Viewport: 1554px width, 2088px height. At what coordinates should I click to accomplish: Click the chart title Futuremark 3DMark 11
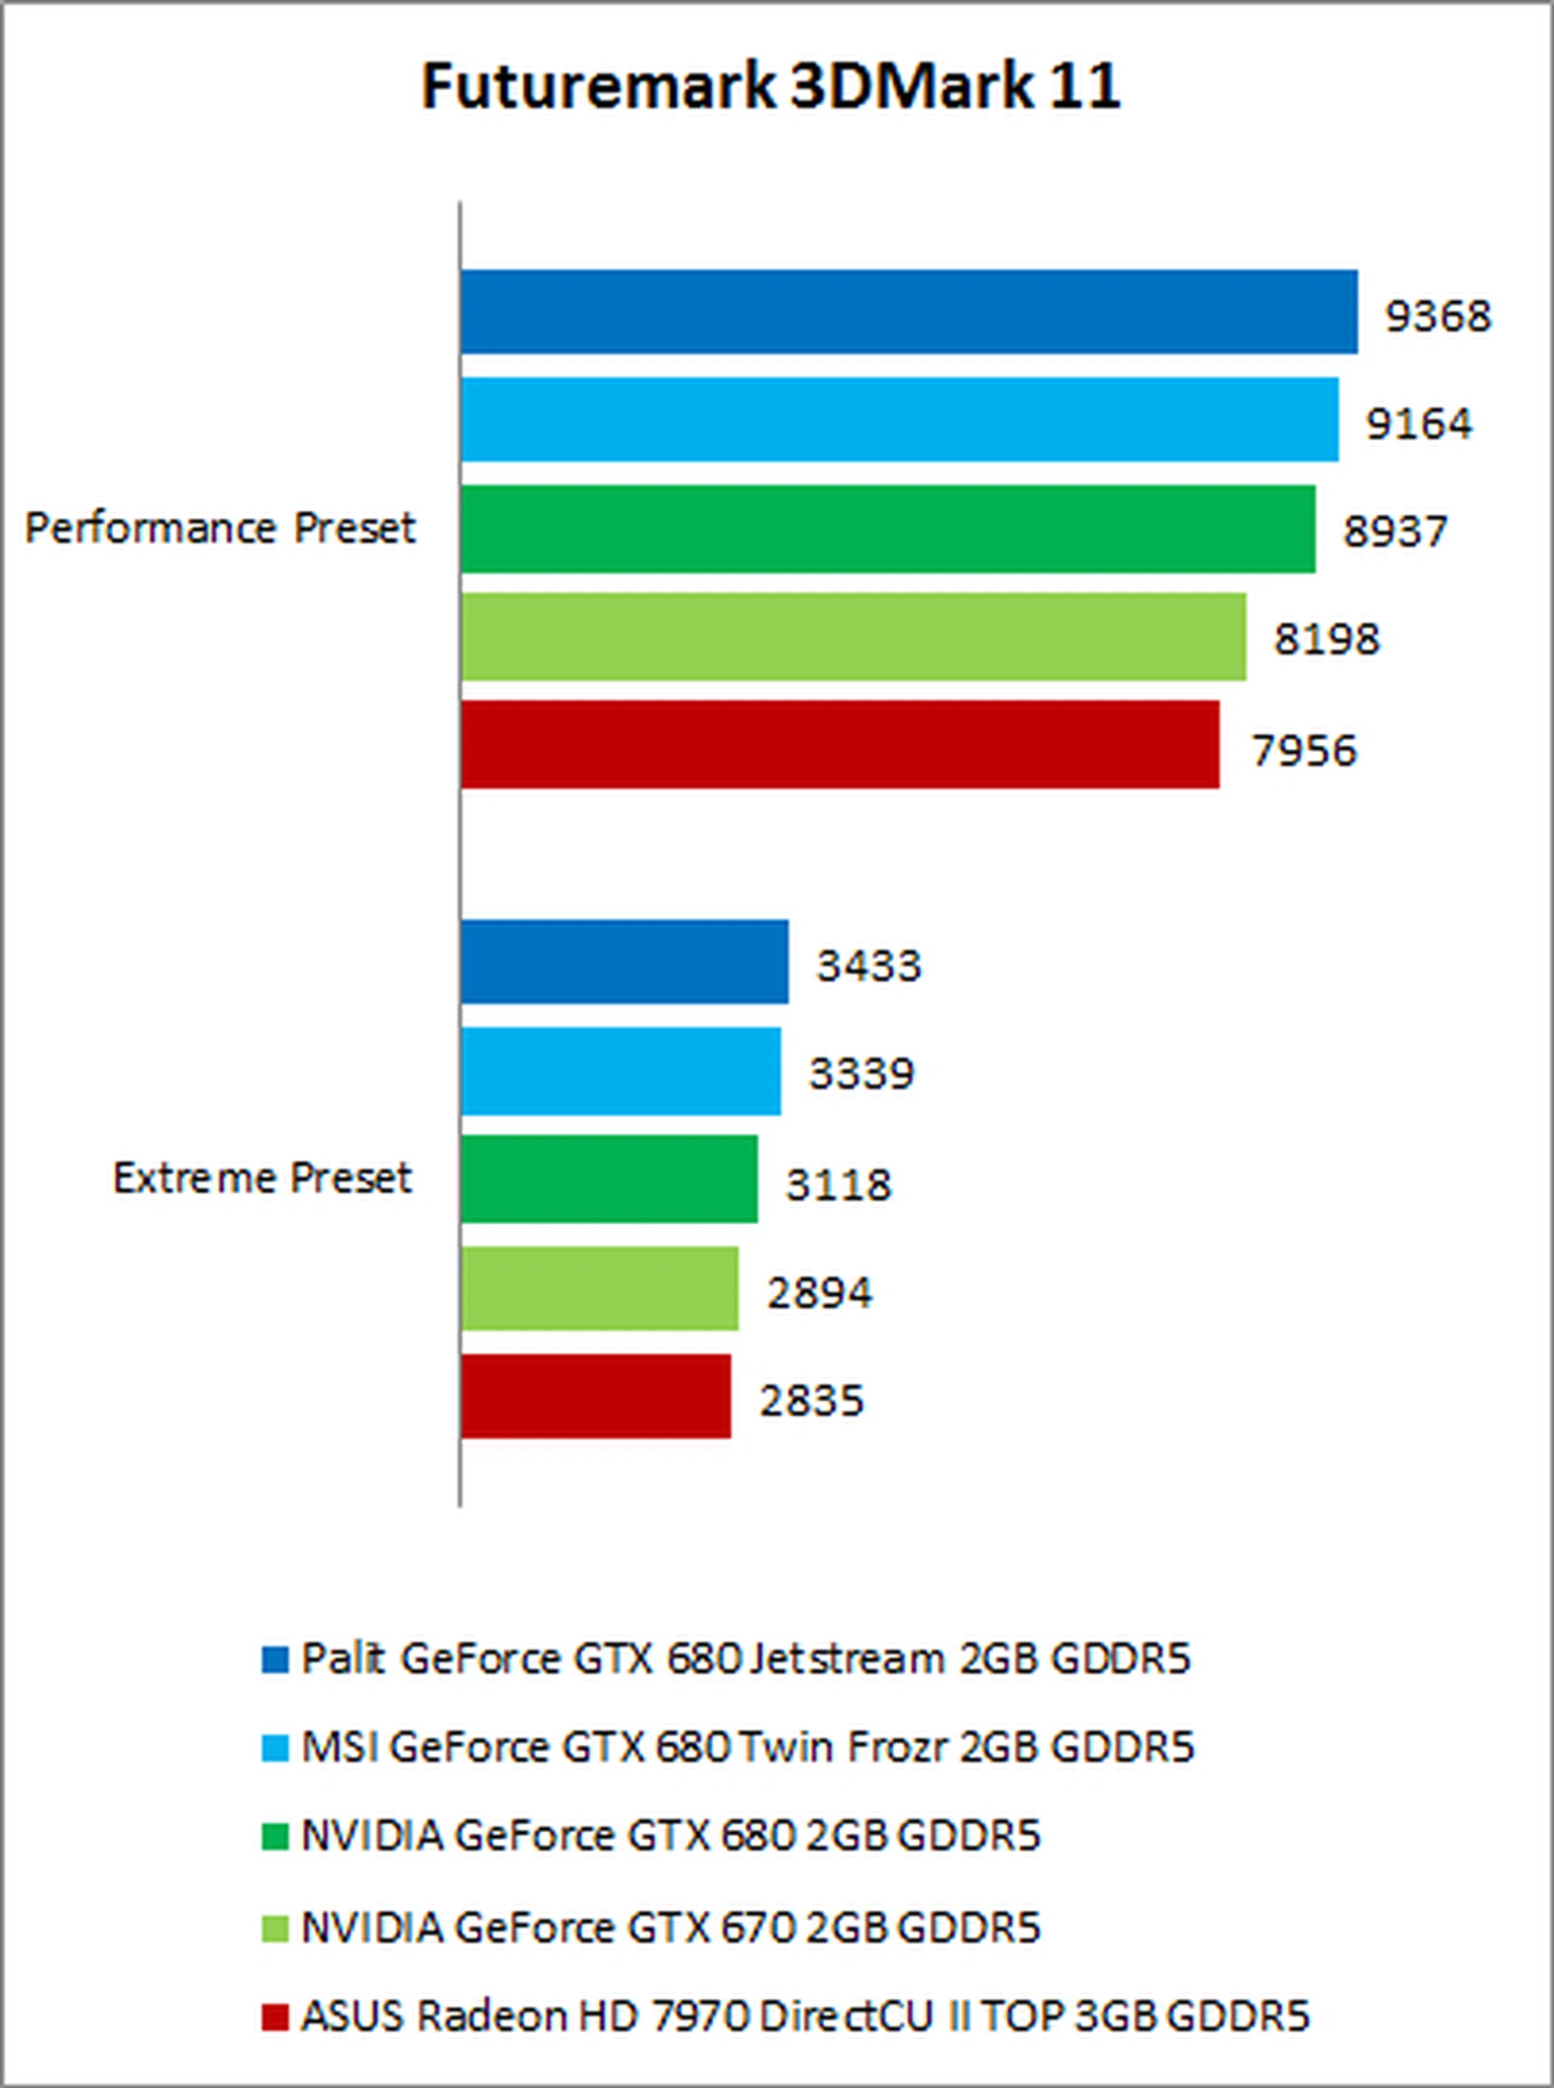(x=771, y=87)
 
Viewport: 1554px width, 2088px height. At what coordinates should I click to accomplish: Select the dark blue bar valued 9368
(x=909, y=313)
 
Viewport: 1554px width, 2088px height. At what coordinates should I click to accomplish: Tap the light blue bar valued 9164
(x=899, y=419)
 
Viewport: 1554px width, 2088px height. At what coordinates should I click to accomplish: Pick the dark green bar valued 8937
(x=888, y=528)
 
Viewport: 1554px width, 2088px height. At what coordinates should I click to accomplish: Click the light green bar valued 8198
(x=853, y=636)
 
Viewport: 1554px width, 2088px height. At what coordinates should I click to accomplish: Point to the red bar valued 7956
(x=840, y=744)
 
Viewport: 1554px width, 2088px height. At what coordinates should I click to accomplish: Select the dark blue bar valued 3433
(x=625, y=962)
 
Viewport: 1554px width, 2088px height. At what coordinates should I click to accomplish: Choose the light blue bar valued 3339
(x=621, y=1071)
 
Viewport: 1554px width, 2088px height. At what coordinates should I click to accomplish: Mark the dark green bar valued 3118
(x=609, y=1179)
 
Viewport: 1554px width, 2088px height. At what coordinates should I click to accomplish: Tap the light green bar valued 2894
(x=599, y=1288)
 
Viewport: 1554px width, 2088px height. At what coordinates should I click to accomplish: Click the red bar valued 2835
(x=596, y=1397)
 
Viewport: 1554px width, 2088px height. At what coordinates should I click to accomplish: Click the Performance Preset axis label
(x=220, y=528)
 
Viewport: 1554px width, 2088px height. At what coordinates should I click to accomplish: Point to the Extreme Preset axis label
(x=262, y=1178)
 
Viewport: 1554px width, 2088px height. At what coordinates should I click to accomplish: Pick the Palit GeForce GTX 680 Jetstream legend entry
(x=745, y=1659)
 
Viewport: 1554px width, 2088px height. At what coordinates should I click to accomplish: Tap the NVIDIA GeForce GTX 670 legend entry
(x=670, y=1928)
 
